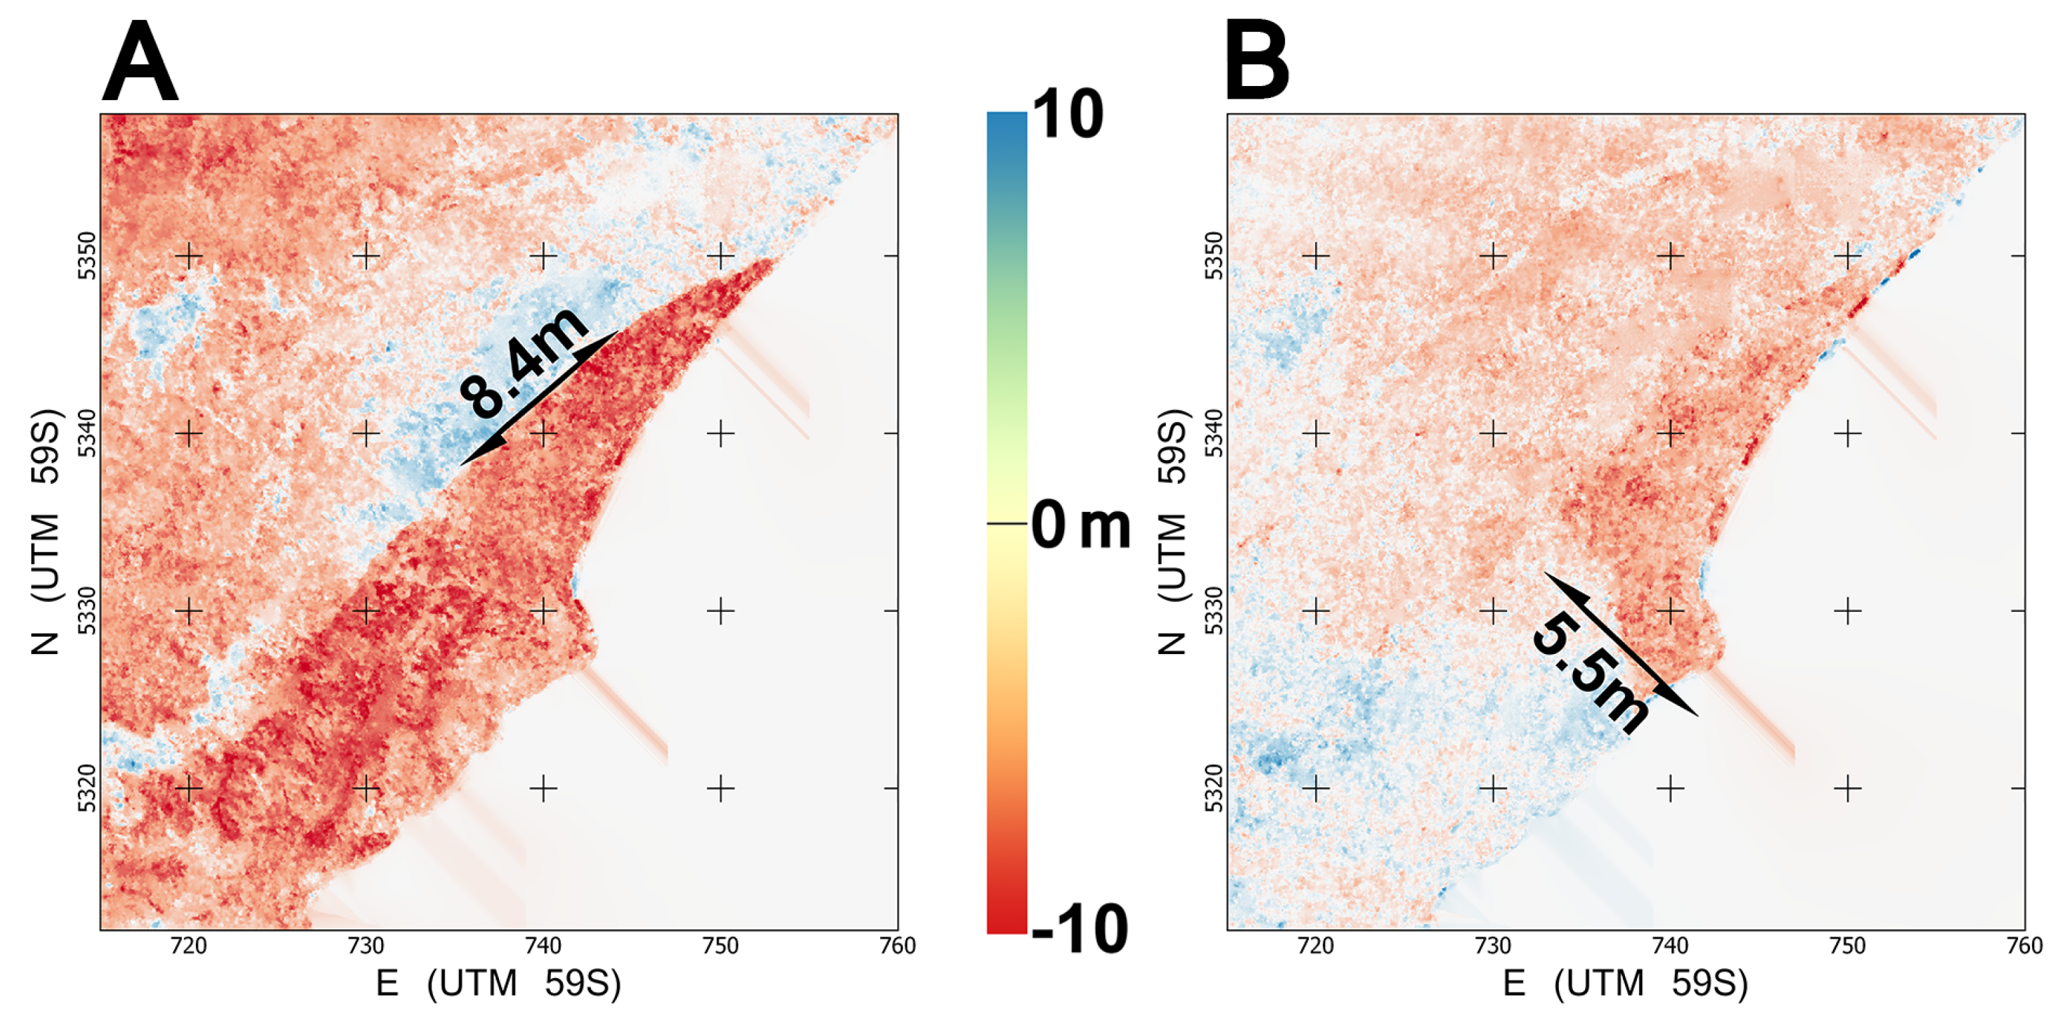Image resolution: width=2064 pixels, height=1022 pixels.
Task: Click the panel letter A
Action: pyautogui.click(x=140, y=63)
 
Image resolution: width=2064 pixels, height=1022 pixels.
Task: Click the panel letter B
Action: pyautogui.click(x=1257, y=63)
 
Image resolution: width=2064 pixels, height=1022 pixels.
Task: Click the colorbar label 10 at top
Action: pyautogui.click(x=1067, y=115)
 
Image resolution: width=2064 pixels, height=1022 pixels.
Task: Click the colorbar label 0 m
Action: pyautogui.click(x=1080, y=526)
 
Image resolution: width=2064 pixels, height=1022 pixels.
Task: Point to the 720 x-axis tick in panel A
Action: pyautogui.click(x=189, y=946)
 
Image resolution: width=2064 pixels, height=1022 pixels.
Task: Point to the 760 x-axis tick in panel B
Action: pyautogui.click(x=2024, y=946)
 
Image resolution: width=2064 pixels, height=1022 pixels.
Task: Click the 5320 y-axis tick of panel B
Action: pyautogui.click(x=1214, y=789)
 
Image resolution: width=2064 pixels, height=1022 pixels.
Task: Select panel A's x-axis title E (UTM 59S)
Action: pyautogui.click(x=498, y=983)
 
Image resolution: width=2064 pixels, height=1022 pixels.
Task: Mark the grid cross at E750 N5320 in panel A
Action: pyautogui.click(x=720, y=789)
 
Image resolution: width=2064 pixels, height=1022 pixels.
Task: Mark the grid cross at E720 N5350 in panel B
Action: pyautogui.click(x=1316, y=256)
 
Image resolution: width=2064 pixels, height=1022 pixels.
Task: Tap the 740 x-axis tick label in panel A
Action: pyautogui.click(x=543, y=946)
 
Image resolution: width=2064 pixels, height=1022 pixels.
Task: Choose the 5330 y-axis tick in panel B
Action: pyautogui.click(x=1214, y=611)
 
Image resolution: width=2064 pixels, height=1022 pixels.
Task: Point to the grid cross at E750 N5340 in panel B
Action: pyautogui.click(x=1847, y=433)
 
